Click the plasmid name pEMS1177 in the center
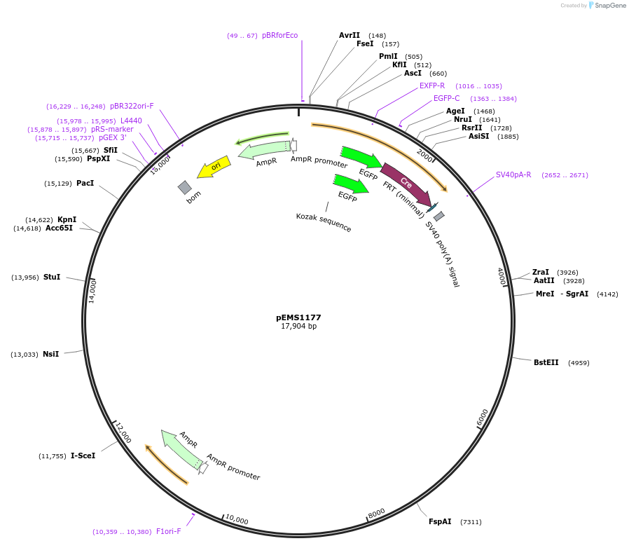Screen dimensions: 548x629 point(298,317)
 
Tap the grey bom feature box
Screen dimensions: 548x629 point(185,187)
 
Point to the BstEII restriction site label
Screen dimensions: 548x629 point(546,363)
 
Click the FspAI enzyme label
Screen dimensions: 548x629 point(441,521)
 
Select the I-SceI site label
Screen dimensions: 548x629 point(83,455)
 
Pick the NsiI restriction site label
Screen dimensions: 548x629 point(50,354)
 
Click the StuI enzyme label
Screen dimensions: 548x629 point(52,278)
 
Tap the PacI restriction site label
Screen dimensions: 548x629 point(85,184)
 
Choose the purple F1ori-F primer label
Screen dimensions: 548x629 point(168,531)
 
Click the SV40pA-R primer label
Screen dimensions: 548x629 point(513,174)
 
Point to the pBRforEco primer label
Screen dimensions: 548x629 point(279,35)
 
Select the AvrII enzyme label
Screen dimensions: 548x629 point(349,35)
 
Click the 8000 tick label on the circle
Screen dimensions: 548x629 point(376,513)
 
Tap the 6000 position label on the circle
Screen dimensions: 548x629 point(482,418)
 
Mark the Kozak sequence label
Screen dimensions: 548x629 point(324,223)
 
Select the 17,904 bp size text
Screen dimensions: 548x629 point(298,327)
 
